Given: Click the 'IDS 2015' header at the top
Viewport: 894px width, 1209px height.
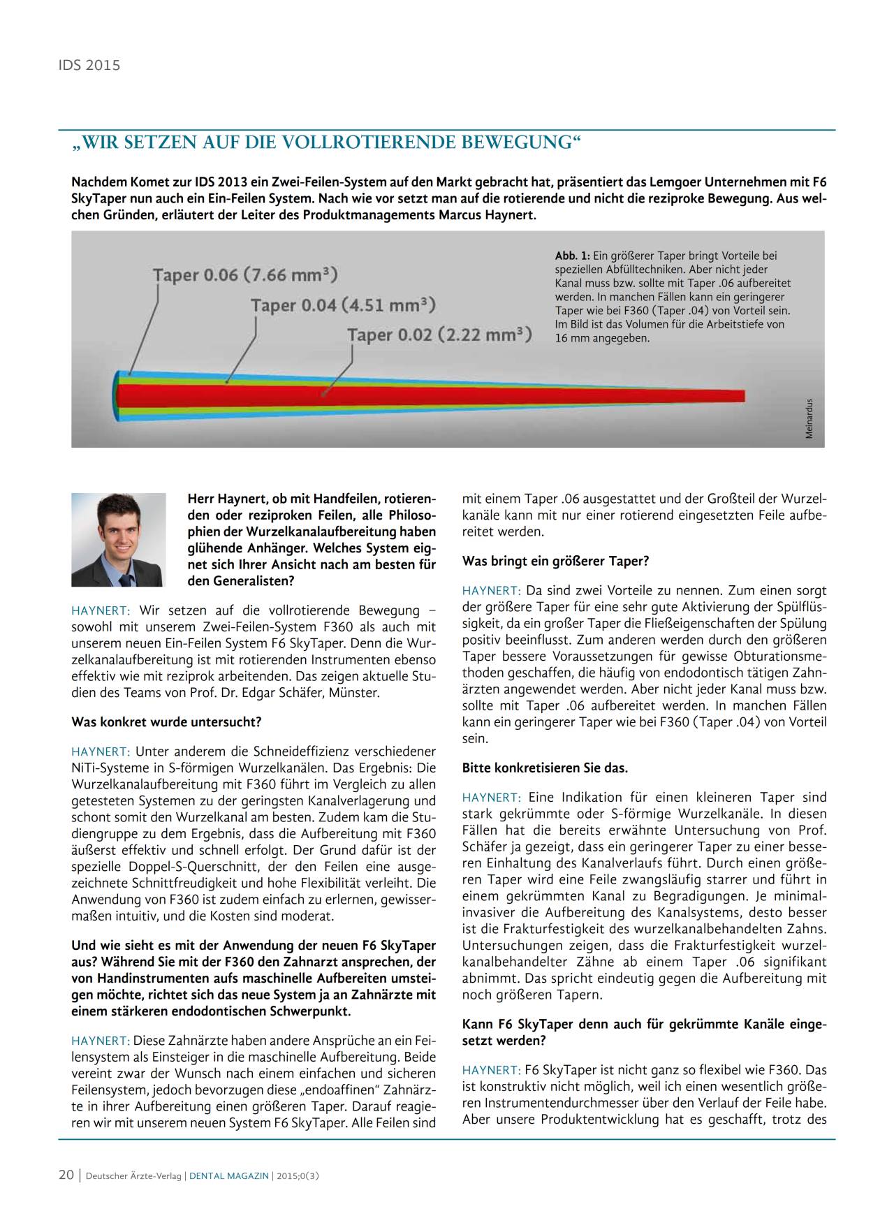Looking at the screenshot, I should (x=89, y=65).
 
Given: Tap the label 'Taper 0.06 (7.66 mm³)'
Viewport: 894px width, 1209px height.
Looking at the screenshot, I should (x=245, y=274).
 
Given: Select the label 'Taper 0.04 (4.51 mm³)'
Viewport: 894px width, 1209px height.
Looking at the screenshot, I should (x=343, y=305).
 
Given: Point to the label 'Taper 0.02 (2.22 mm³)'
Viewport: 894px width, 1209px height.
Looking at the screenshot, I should (x=439, y=335).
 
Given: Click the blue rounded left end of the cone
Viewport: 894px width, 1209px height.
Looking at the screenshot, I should (x=116, y=396).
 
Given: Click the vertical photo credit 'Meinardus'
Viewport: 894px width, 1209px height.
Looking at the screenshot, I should (x=809, y=418).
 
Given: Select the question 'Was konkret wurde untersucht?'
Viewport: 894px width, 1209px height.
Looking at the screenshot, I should (x=166, y=721).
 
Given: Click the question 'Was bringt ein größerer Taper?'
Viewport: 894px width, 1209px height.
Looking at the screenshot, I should (x=555, y=561).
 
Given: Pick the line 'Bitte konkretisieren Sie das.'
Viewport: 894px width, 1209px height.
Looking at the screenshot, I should (x=545, y=768).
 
